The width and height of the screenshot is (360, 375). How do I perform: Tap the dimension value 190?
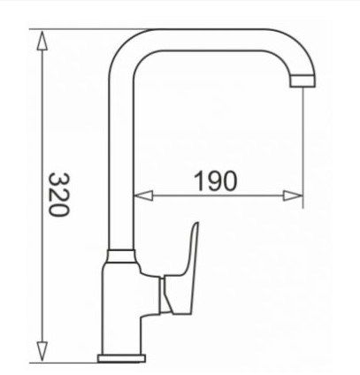coord(213,181)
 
